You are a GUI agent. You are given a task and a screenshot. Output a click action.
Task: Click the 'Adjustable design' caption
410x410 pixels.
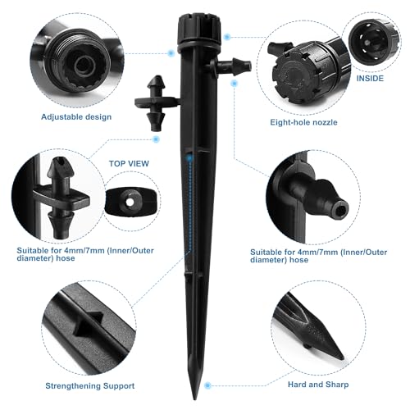[x=76, y=117]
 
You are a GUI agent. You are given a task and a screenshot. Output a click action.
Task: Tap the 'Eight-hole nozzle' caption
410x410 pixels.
[x=303, y=122]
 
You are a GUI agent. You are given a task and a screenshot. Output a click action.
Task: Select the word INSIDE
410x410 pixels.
[x=370, y=79]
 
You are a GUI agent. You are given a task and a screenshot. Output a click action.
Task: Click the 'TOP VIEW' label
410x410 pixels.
[x=129, y=163]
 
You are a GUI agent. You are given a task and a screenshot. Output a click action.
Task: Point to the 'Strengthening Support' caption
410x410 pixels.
[x=90, y=385]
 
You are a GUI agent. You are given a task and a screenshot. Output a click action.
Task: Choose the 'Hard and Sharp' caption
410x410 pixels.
[x=318, y=385]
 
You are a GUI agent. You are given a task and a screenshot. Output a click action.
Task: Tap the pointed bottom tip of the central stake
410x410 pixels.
[x=195, y=399]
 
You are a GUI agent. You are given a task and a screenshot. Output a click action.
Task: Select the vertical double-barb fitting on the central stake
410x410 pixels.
[x=156, y=103]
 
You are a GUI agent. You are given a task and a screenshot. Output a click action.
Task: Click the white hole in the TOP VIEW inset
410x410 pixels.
[x=130, y=202]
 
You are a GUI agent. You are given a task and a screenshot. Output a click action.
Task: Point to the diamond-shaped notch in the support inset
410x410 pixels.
[x=88, y=324]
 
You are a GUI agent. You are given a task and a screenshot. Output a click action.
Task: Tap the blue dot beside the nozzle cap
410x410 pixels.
[x=227, y=37]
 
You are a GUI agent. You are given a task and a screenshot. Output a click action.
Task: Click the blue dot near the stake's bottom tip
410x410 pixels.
[x=207, y=385]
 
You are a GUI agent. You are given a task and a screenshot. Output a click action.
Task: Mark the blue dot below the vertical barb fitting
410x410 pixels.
[x=156, y=139]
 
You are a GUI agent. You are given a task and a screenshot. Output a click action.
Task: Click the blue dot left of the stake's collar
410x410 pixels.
[x=171, y=53]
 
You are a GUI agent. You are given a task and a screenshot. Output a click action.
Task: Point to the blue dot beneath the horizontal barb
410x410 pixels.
[x=234, y=84]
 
